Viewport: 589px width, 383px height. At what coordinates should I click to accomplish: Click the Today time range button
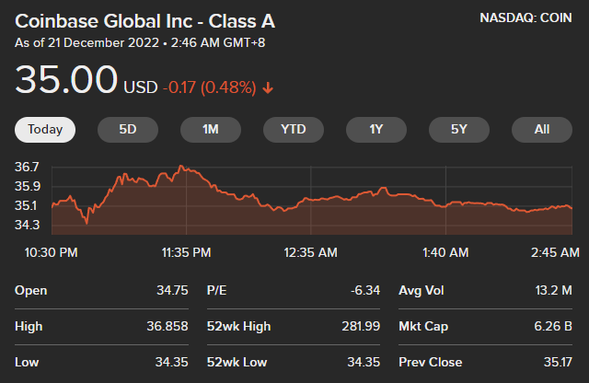[x=45, y=129]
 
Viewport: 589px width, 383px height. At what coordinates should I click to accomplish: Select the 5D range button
[x=128, y=129]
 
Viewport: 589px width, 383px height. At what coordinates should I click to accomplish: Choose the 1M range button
[x=211, y=129]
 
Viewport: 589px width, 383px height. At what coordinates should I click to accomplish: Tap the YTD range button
[x=294, y=129]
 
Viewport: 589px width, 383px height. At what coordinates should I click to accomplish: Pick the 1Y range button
[x=376, y=129]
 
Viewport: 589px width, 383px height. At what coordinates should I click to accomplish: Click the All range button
[x=542, y=129]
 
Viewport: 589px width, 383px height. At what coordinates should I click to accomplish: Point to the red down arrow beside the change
[x=268, y=88]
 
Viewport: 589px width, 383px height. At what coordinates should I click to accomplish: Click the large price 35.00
[x=66, y=81]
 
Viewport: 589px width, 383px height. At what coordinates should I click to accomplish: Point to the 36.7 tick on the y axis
[x=27, y=168]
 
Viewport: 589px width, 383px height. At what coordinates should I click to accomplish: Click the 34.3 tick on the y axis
[x=27, y=225]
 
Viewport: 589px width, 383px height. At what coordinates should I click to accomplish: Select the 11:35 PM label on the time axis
[x=187, y=251]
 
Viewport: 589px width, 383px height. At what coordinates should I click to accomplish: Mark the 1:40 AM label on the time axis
[x=446, y=251]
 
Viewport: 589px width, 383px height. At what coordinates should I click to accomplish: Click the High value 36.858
[x=166, y=326]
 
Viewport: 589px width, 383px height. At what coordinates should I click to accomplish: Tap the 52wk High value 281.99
[x=360, y=326]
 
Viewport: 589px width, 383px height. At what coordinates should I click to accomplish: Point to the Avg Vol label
[x=422, y=290]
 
